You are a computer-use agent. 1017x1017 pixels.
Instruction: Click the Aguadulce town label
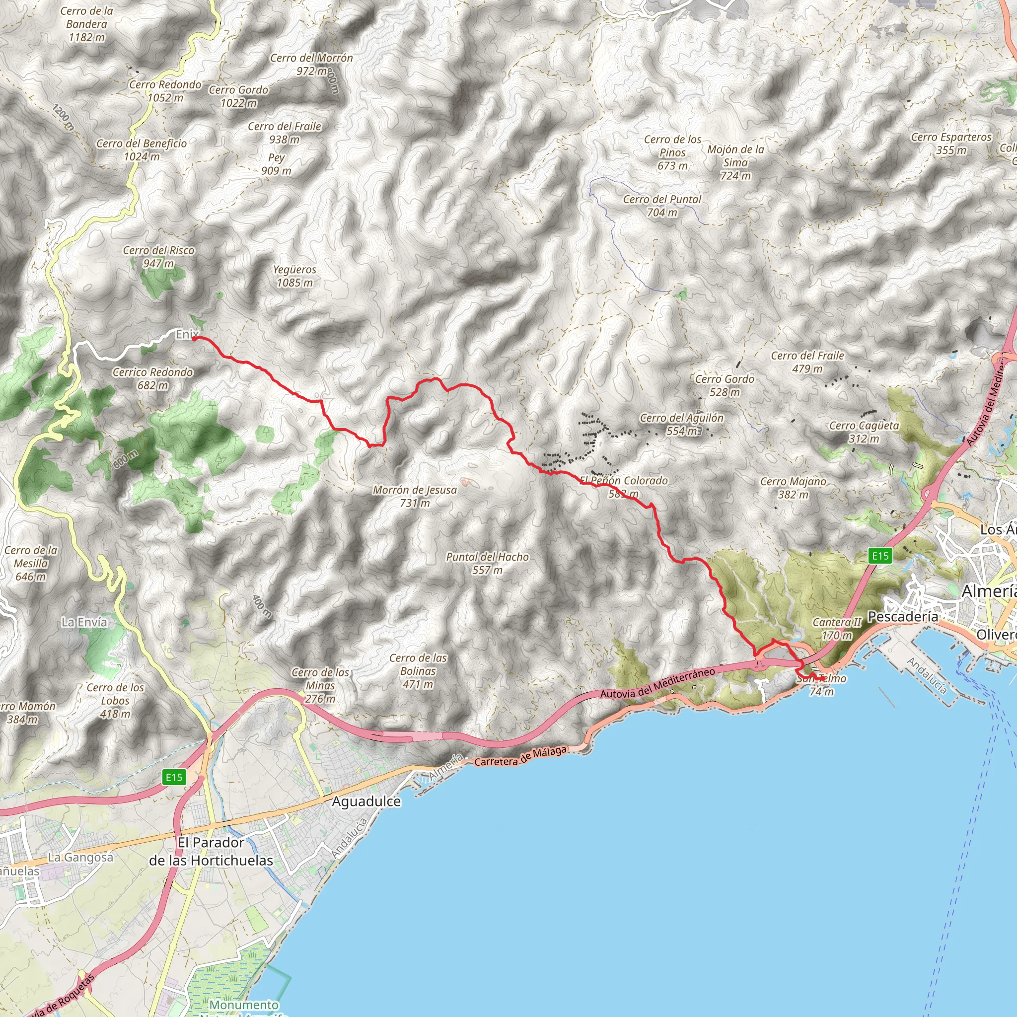pos(366,801)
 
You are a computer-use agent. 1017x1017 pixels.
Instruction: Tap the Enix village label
pos(186,334)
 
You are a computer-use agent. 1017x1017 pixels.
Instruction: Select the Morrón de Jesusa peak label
pos(415,496)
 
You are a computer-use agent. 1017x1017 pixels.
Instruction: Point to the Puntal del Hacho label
pos(487,563)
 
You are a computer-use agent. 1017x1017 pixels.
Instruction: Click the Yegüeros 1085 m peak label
pos(294,276)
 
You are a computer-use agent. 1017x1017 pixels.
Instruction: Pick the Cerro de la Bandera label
pos(86,24)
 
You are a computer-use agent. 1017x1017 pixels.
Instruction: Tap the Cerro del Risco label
pos(158,256)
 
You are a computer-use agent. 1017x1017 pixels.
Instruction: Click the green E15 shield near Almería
pos(880,555)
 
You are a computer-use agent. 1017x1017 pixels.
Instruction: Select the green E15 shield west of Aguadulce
pos(174,777)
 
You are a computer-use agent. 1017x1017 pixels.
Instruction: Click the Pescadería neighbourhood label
pos(902,616)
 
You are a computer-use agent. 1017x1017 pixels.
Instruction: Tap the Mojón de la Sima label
pos(735,162)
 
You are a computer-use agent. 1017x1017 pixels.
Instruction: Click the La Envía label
pos(84,622)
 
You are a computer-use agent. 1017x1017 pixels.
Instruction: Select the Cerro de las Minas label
pos(320,685)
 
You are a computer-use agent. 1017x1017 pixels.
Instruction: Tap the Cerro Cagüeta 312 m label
pos(864,432)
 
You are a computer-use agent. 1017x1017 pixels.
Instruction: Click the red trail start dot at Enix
pos(194,339)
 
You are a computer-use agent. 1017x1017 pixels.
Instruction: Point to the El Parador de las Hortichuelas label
pos(211,851)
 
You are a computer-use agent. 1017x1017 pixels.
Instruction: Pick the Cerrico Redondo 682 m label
pos(152,378)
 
